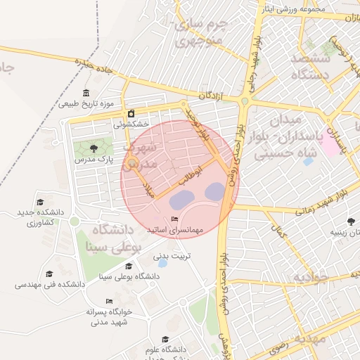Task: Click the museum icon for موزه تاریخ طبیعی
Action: [x=86, y=94]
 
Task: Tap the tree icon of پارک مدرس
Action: [x=94, y=148]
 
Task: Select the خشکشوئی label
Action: [x=132, y=124]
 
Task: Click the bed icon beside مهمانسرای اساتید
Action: [x=174, y=220]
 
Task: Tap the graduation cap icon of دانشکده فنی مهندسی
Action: [x=49, y=274]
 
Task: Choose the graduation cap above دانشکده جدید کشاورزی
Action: [x=40, y=202]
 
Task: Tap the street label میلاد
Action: [x=148, y=190]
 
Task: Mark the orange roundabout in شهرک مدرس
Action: [x=131, y=165]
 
